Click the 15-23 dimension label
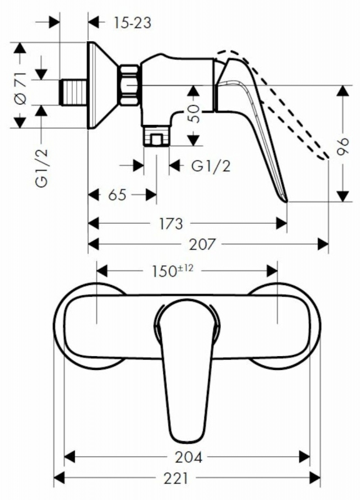tap(132, 23)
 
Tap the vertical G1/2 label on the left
tap(42, 168)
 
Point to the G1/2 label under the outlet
tap(211, 166)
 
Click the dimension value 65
tap(117, 195)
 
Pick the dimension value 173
tap(171, 224)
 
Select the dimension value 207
tap(202, 244)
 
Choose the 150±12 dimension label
tap(172, 271)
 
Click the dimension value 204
tap(189, 457)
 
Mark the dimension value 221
tap(176, 478)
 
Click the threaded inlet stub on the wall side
tap(73, 92)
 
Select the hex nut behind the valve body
tap(130, 86)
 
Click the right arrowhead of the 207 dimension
tap(323, 244)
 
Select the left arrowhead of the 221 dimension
tap(59, 478)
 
